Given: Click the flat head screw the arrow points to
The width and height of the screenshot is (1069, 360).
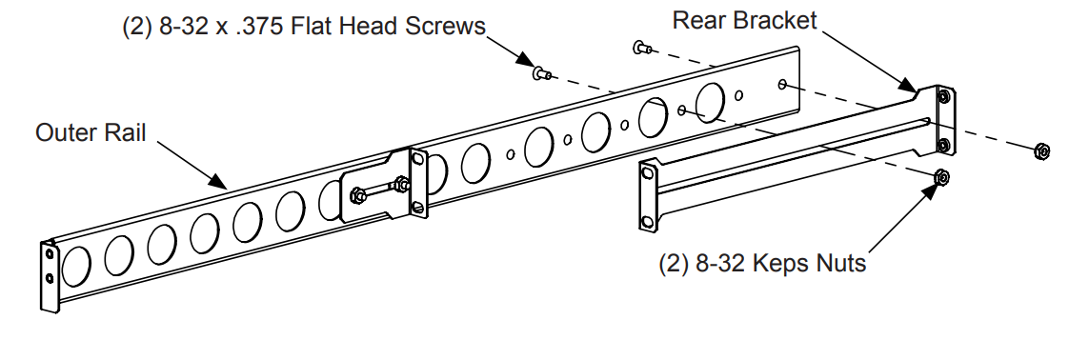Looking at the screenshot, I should [x=542, y=71].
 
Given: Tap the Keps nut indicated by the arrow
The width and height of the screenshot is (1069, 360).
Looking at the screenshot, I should [x=942, y=176].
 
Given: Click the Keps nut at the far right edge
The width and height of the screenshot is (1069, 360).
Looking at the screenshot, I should [x=1041, y=150].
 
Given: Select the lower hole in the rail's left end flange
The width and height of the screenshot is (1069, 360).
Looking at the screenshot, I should [x=50, y=278].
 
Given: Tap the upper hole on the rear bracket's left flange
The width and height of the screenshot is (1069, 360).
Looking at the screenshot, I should [x=648, y=174].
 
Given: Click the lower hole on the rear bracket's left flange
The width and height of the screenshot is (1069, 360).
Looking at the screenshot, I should [x=648, y=221].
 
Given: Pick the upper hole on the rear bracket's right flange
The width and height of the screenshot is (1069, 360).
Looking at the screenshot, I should [x=943, y=97].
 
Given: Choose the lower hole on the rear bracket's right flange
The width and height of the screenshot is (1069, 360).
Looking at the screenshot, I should [x=943, y=144].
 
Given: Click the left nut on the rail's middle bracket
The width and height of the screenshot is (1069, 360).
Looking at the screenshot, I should [x=356, y=195].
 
